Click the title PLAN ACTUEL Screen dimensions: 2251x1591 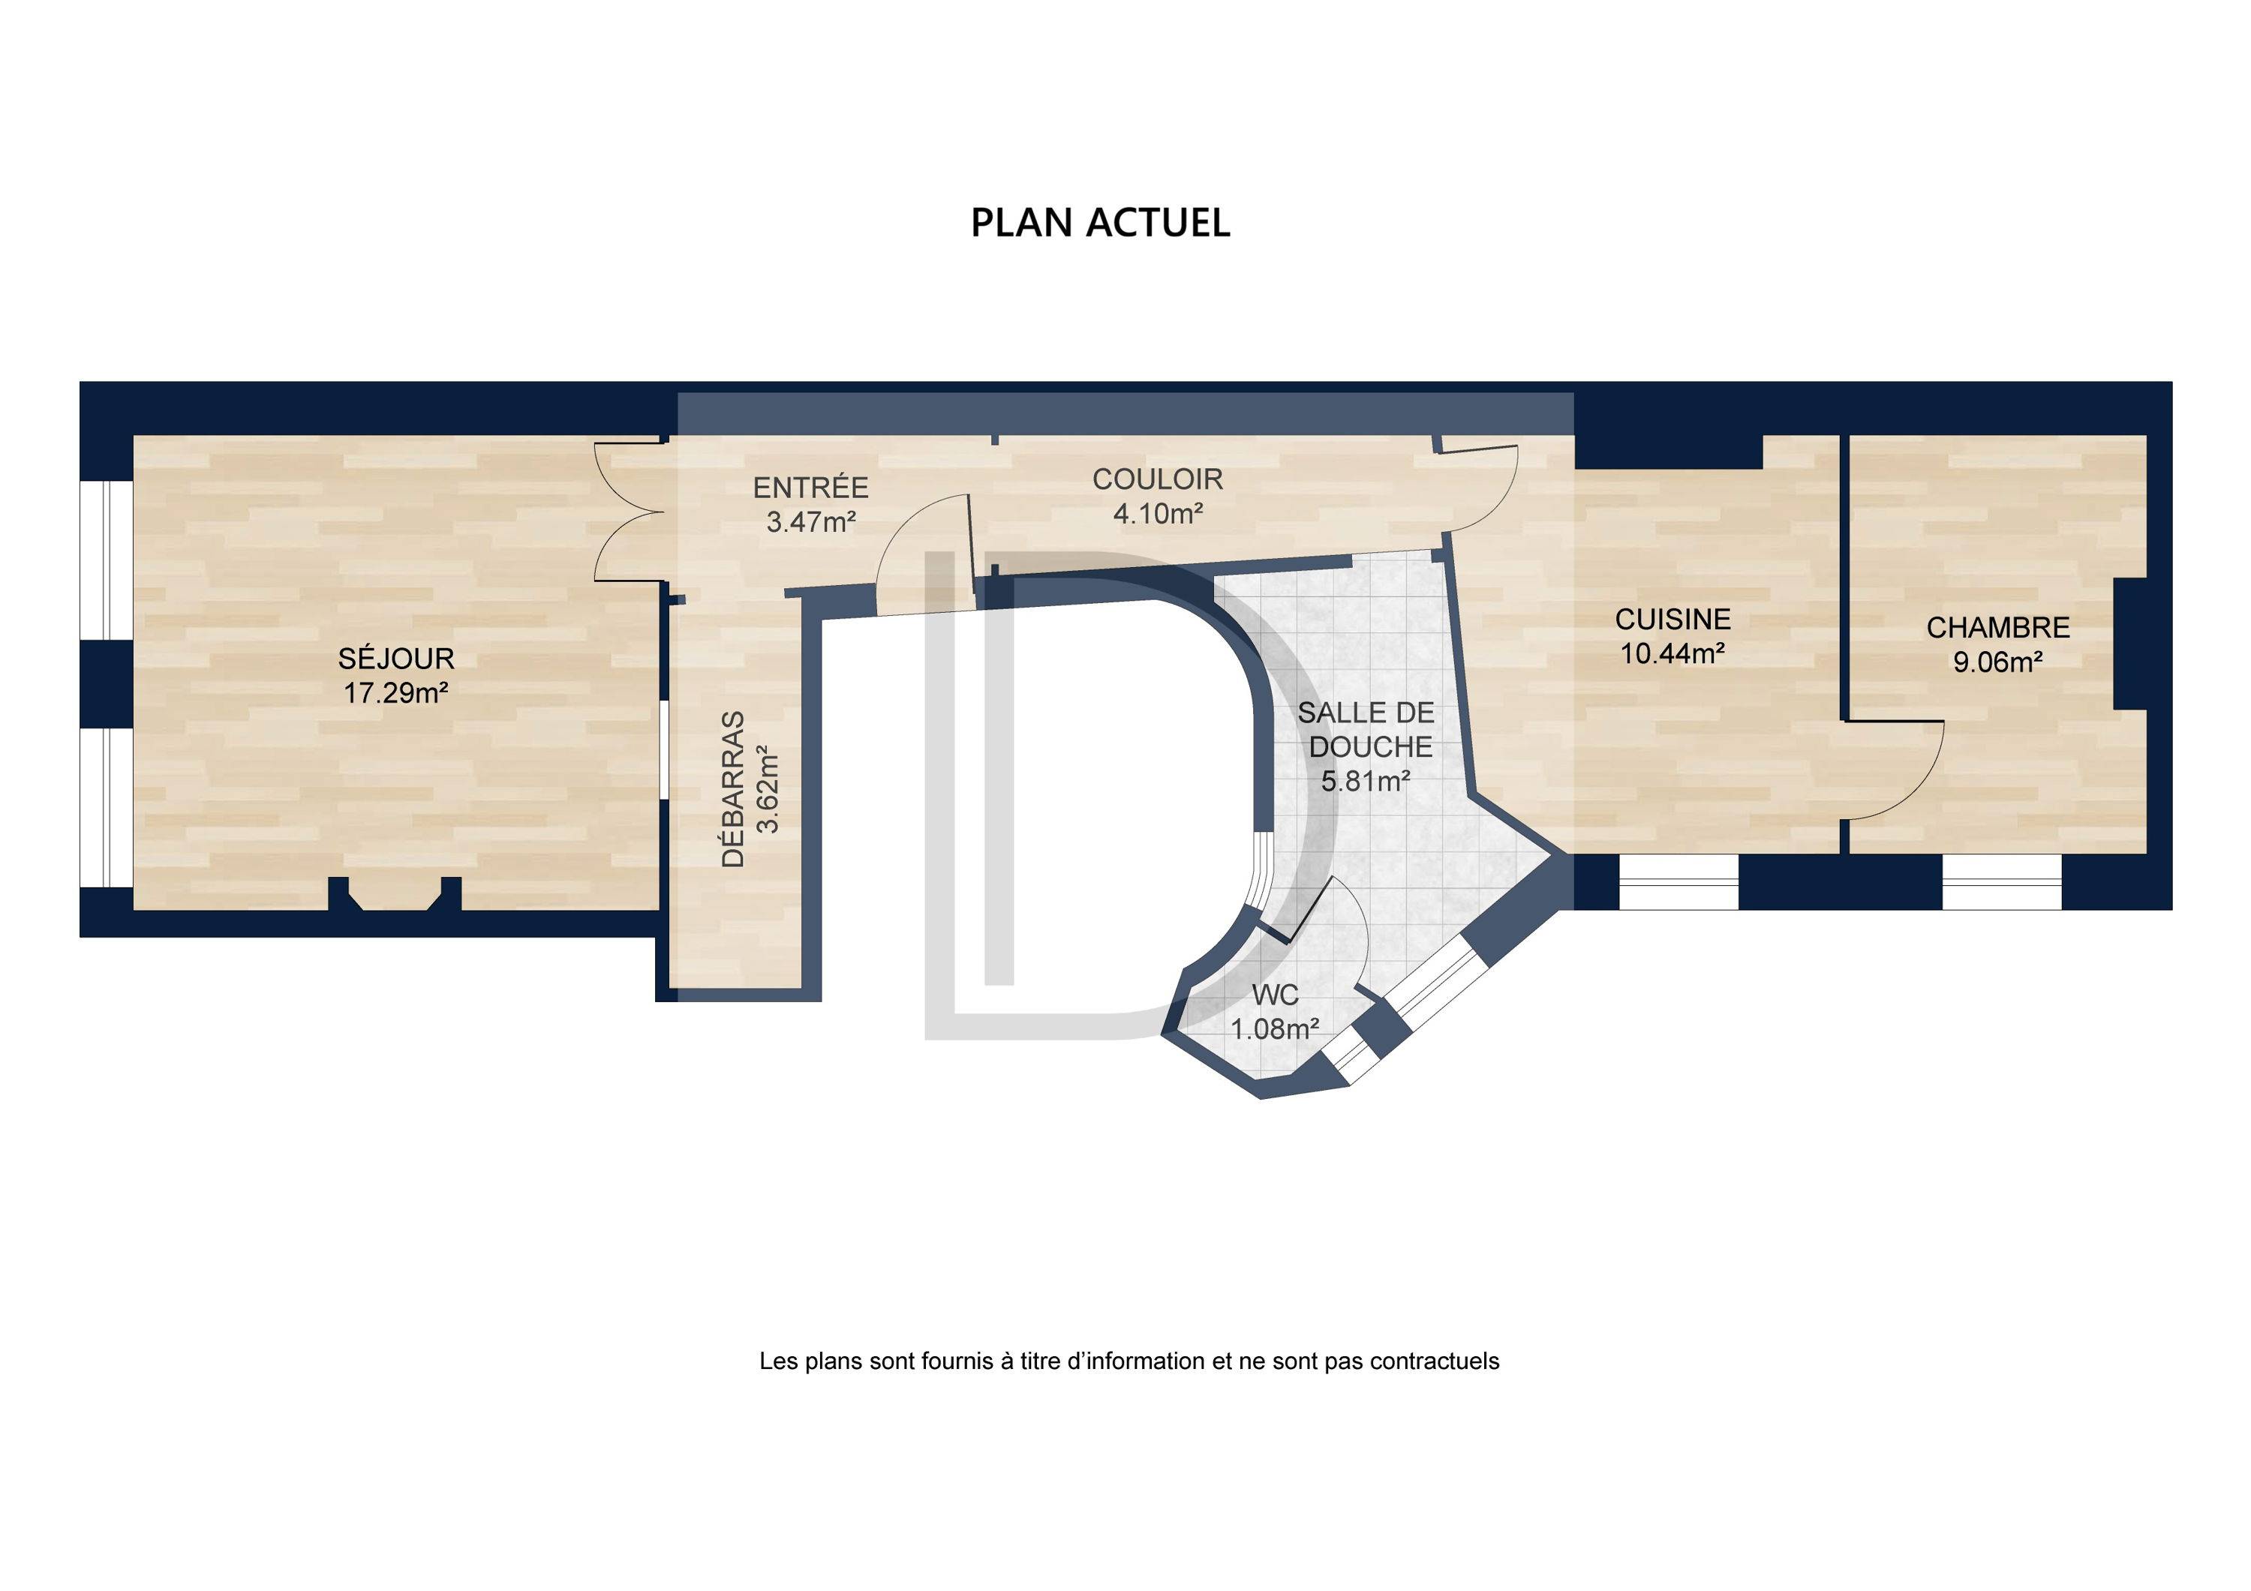click(x=1100, y=223)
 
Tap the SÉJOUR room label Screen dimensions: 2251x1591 click(x=396, y=657)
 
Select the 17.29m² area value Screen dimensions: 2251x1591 click(x=396, y=693)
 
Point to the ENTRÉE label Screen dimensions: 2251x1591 click(x=811, y=486)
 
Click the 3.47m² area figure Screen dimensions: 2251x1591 click(x=812, y=521)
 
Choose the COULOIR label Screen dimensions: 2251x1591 click(x=1158, y=479)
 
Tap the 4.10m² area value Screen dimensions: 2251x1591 click(x=1158, y=512)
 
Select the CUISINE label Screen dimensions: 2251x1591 click(x=1672, y=619)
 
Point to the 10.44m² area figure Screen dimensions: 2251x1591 click(x=1672, y=653)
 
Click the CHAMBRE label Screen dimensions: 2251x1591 click(x=1998, y=626)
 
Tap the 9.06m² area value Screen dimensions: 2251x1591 click(x=1998, y=662)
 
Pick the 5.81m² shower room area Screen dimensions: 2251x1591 click(x=1366, y=782)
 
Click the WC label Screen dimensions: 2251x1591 click(x=1275, y=995)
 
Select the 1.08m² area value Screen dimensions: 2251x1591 click(x=1275, y=1029)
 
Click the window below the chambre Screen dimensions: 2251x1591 click(x=2002, y=883)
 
